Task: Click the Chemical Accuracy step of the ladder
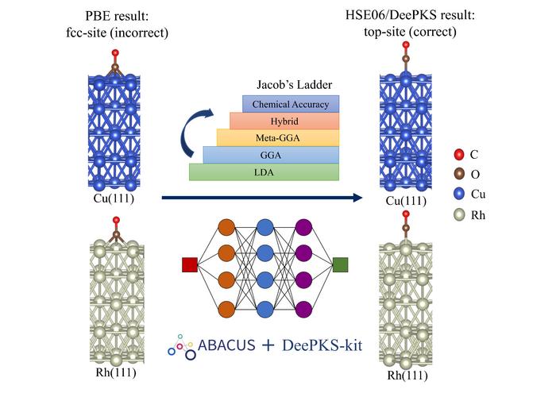coord(291,104)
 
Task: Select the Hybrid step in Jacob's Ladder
coord(284,121)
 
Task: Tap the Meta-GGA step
coord(278,137)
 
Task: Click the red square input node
coord(189,264)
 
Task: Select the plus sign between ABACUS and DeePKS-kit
coord(264,347)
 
